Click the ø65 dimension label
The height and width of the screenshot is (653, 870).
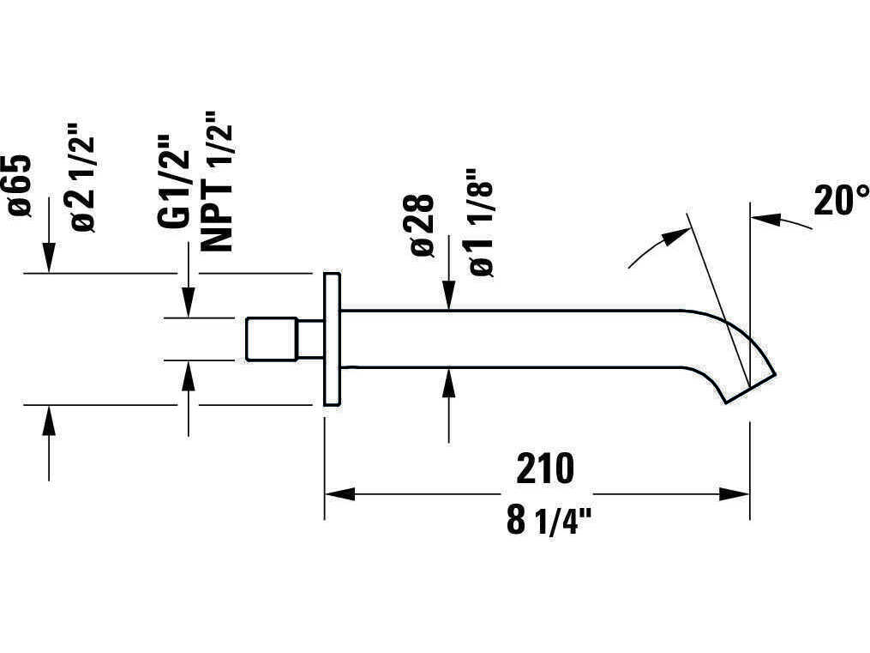tap(20, 185)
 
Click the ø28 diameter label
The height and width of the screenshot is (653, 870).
tap(422, 224)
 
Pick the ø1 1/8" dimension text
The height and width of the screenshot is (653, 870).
tap(481, 222)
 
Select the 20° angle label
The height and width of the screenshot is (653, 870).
tap(841, 200)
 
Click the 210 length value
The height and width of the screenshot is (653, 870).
tap(545, 469)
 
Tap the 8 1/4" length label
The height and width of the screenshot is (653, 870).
tap(549, 520)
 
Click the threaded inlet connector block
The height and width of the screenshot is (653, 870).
tap(272, 339)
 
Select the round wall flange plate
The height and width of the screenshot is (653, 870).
tap(332, 339)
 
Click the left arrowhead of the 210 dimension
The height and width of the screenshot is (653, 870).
tap(339, 493)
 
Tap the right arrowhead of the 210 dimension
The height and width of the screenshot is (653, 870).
tap(735, 493)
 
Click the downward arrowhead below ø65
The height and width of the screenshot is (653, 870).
tap(50, 257)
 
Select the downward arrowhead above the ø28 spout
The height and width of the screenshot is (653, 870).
tap(449, 295)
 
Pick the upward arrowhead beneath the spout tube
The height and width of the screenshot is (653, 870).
tap(449, 383)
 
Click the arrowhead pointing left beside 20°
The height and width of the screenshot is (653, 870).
tap(766, 218)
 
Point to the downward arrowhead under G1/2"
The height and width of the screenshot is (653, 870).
tap(189, 303)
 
